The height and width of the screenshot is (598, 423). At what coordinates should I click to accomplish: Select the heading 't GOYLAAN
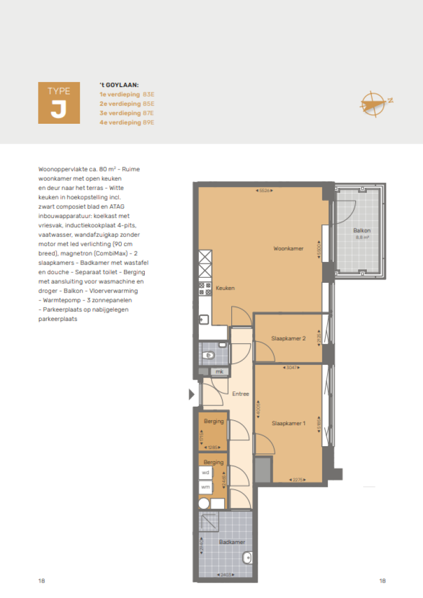118,85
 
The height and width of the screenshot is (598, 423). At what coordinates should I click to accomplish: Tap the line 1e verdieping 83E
127,95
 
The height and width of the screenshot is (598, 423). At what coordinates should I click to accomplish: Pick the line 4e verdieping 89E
127,123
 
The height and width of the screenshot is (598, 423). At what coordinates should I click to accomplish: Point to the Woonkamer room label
288,249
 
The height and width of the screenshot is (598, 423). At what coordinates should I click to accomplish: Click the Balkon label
361,231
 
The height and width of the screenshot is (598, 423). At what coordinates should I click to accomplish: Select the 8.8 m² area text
361,238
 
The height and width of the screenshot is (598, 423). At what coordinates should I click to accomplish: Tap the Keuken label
225,288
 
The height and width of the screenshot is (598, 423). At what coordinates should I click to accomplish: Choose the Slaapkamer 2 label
288,338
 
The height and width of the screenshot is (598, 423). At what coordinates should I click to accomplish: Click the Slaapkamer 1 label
288,423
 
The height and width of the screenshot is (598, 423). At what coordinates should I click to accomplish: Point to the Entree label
240,394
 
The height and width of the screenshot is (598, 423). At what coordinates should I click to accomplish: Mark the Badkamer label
231,542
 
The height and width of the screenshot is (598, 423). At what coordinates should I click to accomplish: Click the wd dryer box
205,472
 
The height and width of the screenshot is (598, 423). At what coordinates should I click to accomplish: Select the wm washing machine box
205,487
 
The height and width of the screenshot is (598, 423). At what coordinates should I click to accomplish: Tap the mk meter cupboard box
219,372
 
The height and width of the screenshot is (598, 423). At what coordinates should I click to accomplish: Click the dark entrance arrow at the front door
191,394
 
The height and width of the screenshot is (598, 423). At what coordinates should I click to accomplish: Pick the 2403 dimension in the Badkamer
225,575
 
